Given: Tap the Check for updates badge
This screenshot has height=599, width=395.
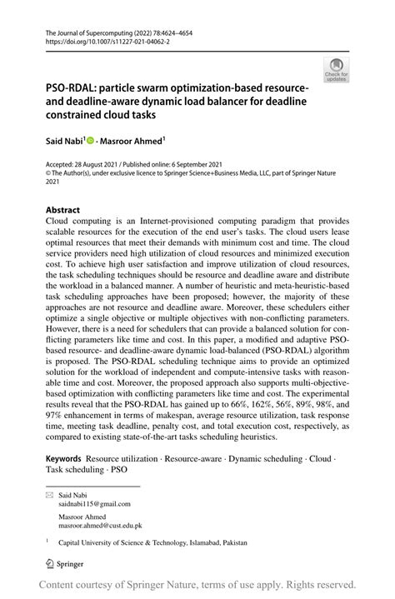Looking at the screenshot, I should [337, 70].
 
